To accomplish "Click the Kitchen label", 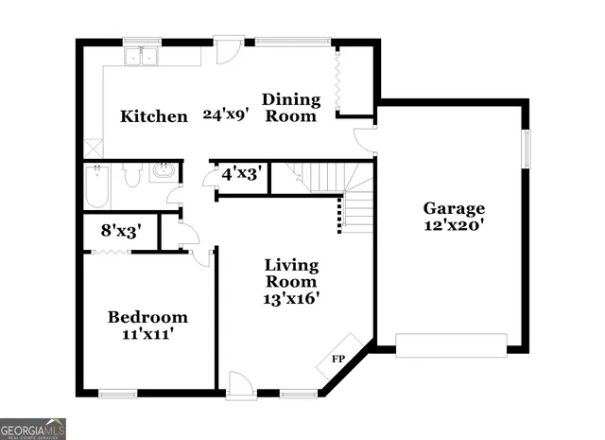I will click(x=153, y=116).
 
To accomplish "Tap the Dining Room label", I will click(x=289, y=107).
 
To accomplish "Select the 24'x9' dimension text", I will click(x=226, y=115).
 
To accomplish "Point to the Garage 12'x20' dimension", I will click(x=454, y=225).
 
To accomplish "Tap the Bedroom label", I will click(x=147, y=317).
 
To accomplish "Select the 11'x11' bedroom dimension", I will click(x=147, y=333).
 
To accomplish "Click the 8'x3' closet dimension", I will click(x=121, y=229).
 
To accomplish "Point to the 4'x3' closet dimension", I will click(x=240, y=174).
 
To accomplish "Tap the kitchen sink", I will click(x=145, y=57).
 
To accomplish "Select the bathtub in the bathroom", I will click(x=97, y=187).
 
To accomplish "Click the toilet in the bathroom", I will click(x=132, y=174).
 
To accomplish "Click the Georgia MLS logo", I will click(x=33, y=429).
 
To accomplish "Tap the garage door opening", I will click(x=450, y=344).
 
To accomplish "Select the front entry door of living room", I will click(x=240, y=385).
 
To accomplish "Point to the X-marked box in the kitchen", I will click(x=92, y=148).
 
